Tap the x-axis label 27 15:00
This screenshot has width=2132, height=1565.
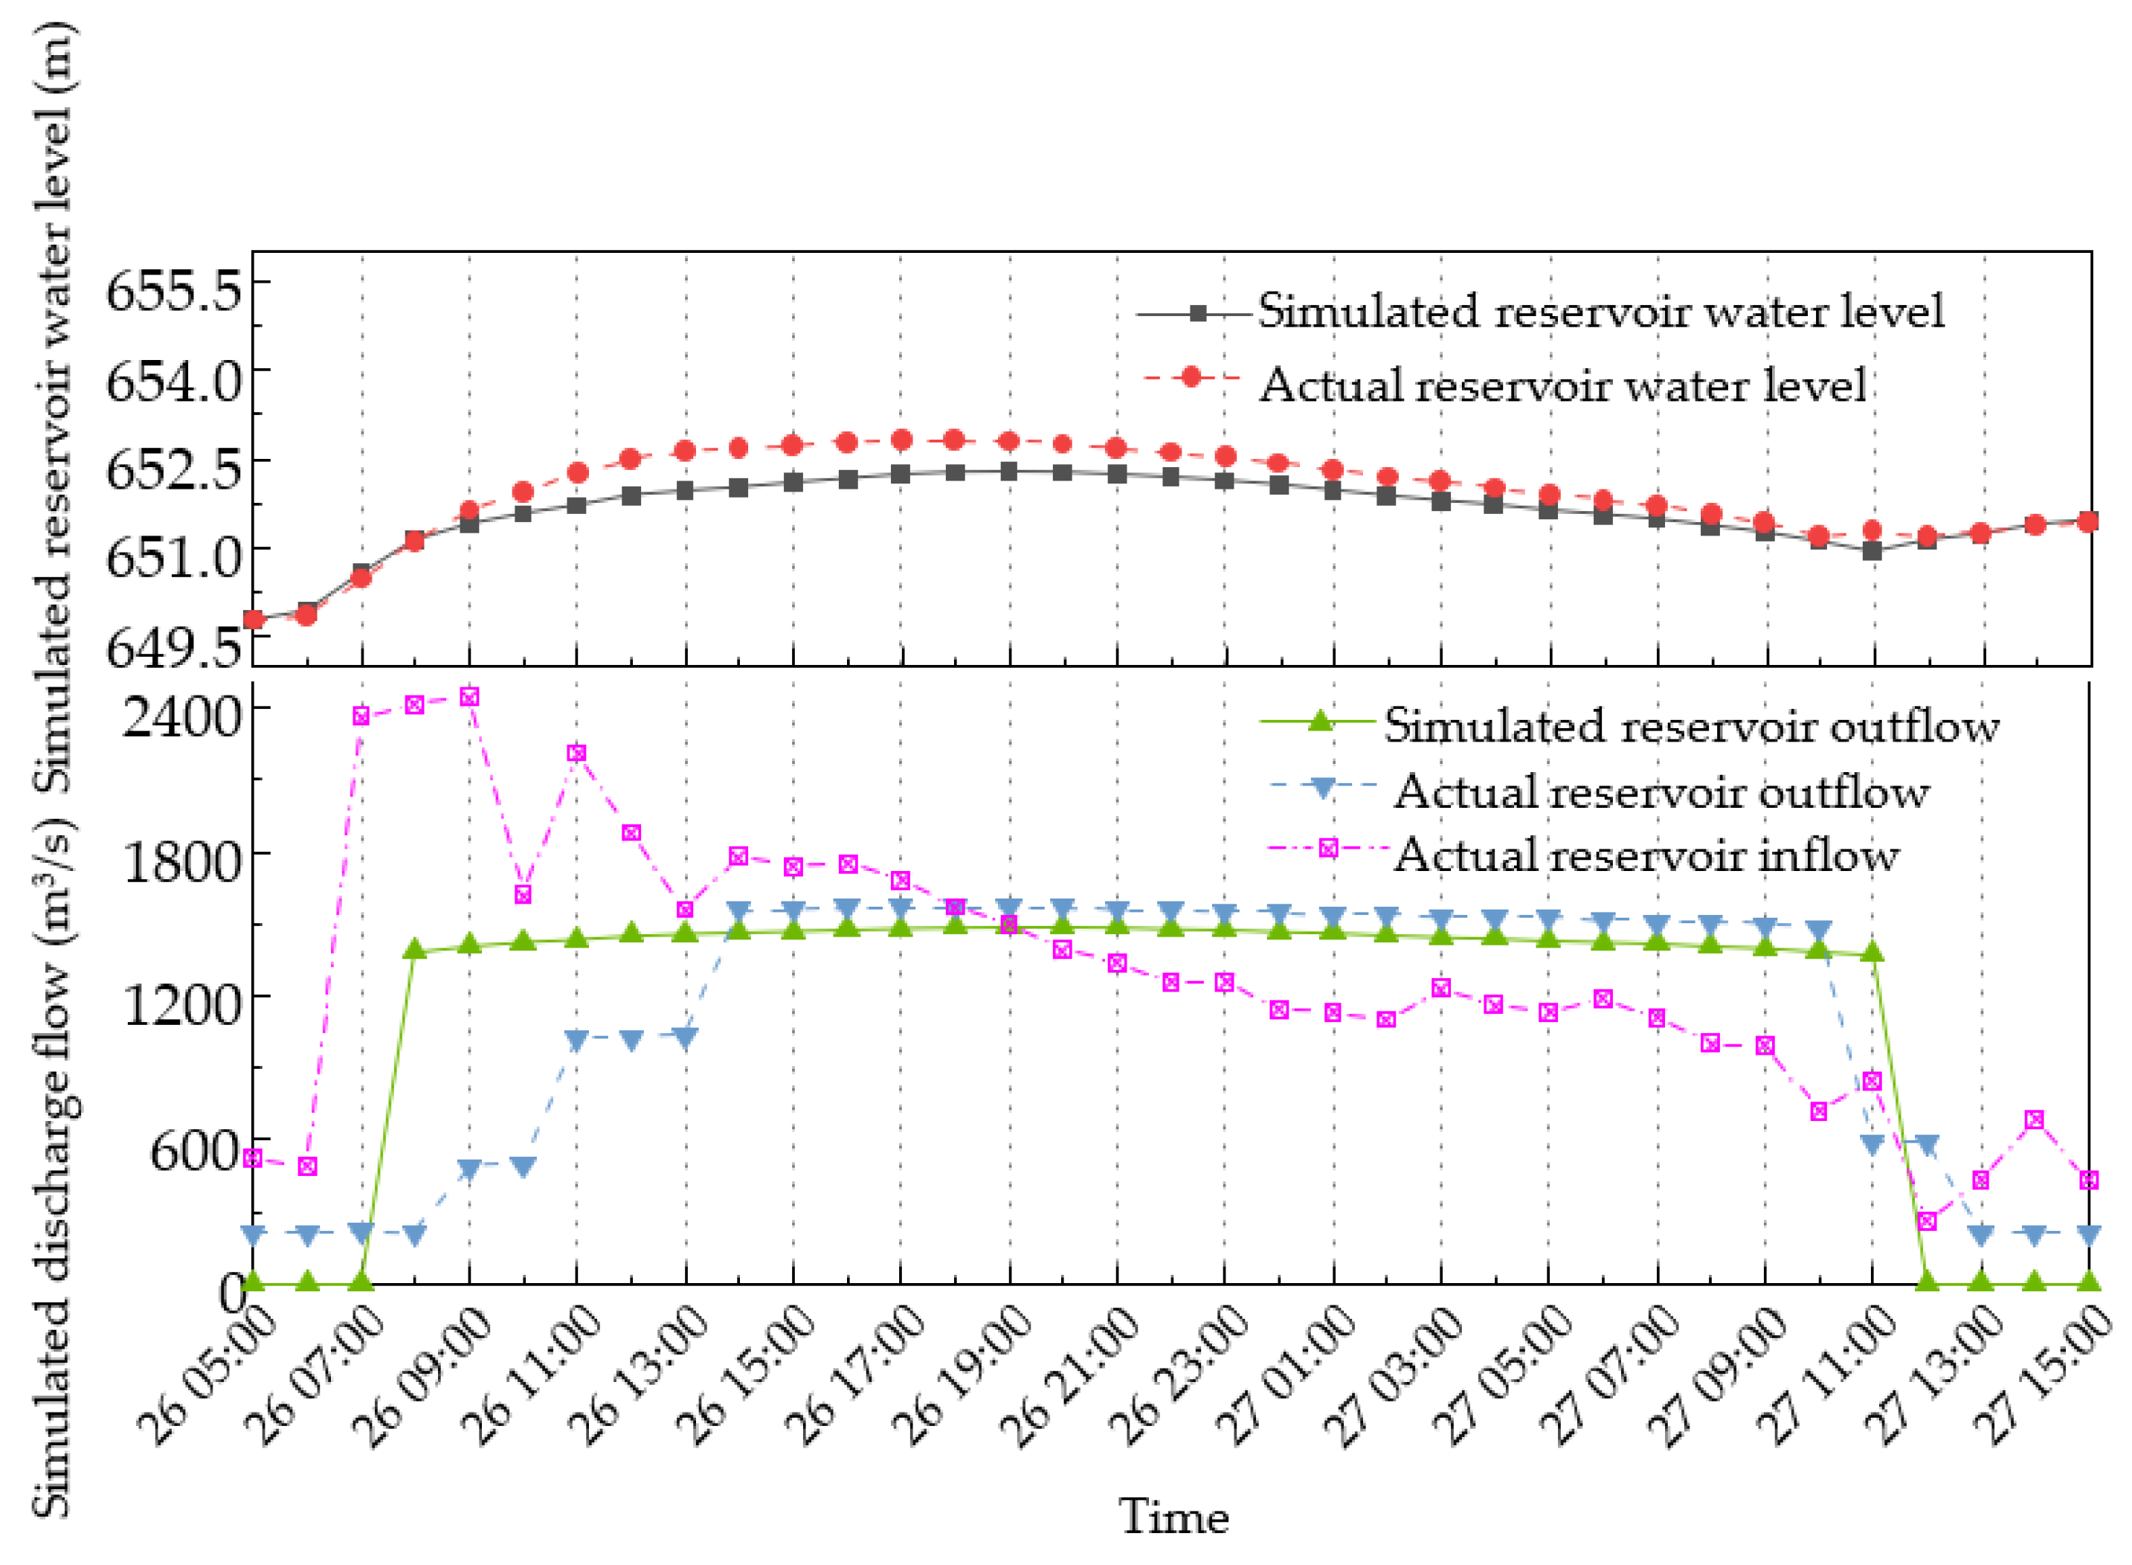tap(2049, 1378)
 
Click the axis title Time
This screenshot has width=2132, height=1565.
tap(1173, 1517)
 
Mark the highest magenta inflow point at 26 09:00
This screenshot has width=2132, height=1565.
tap(468, 697)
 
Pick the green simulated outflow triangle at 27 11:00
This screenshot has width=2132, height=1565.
tap(1872, 952)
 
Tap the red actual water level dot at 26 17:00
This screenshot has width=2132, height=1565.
tap(901, 440)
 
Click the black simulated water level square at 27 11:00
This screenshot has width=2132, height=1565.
tap(1872, 550)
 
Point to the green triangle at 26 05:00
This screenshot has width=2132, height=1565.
tap(253, 1282)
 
